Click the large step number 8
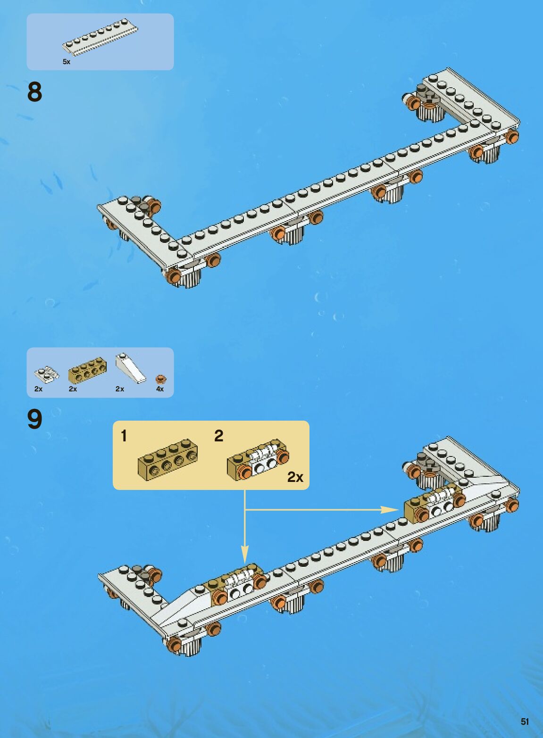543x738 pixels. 34,92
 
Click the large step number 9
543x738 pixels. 34,419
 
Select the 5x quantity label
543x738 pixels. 67,62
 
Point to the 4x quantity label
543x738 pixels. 160,389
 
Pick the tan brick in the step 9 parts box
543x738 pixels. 87,371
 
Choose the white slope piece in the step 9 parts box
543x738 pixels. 131,368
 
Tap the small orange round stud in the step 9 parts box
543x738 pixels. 160,379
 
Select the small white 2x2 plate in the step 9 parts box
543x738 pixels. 47,373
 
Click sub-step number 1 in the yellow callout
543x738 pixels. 124,436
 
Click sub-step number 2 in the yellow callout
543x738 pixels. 218,436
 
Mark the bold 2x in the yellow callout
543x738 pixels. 295,477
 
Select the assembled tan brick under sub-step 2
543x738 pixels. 258,460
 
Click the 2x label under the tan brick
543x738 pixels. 73,389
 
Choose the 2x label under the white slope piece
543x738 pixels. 120,389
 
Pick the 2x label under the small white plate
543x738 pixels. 39,389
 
